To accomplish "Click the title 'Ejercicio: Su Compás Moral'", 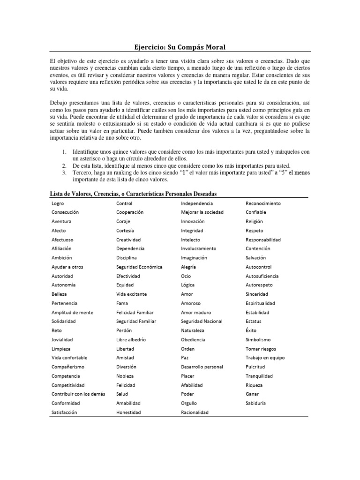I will pos(180,47).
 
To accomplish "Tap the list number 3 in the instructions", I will pos(64,172).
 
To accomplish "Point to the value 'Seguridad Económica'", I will pos(139,267).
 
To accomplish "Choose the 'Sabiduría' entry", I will pos(256,403).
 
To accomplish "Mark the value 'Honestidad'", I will pos(129,412).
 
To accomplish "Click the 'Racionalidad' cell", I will pos(195,412).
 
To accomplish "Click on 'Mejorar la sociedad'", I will pos(202,212).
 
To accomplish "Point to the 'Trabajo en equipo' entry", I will pos(265,358).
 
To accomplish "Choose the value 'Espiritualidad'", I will pos(260,303).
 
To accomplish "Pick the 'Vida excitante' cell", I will pos(131,294).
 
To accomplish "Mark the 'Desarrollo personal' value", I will pos(202,367).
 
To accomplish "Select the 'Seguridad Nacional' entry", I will pos(202,321).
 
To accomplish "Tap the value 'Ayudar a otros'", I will pos(67,267).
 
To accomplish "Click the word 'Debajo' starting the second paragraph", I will pos(59,102).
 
